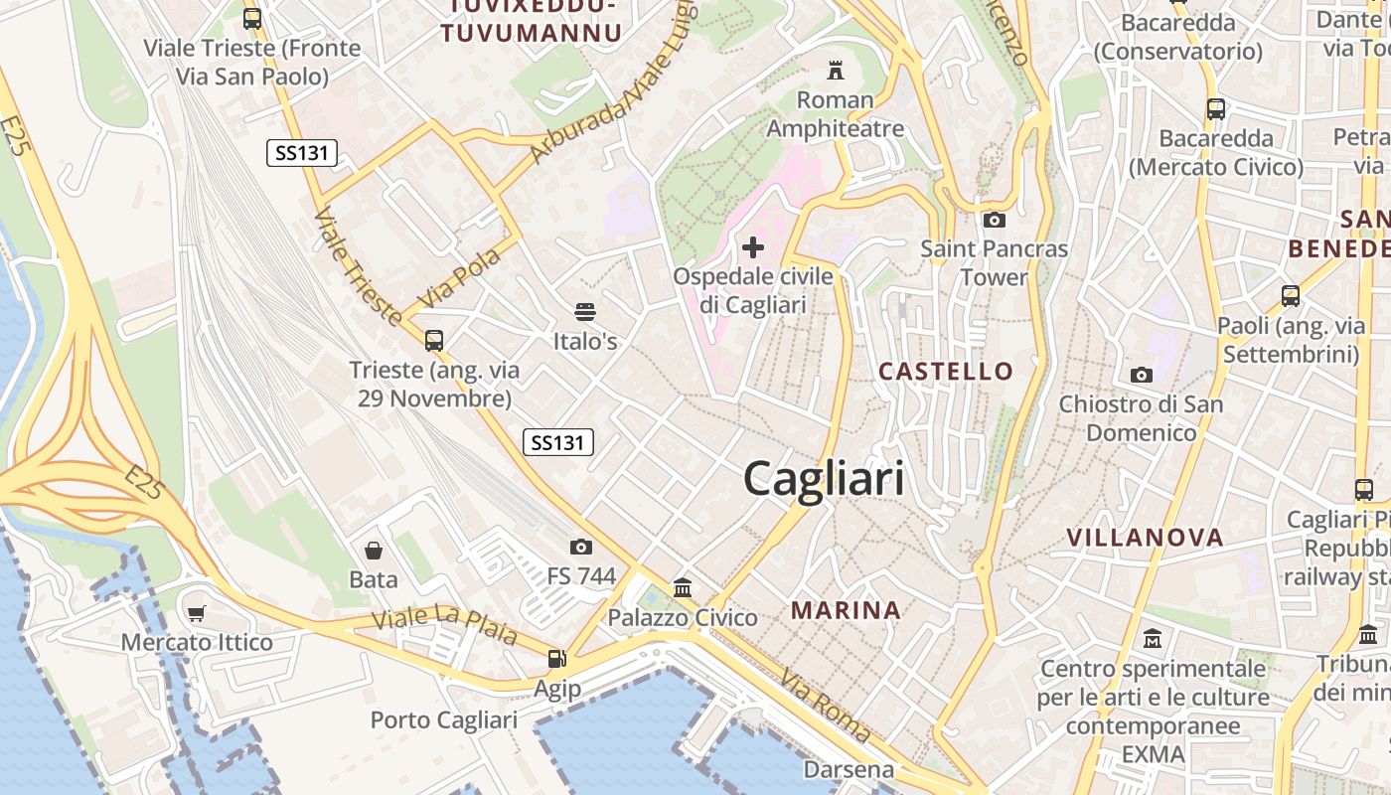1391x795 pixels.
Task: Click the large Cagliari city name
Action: pyautogui.click(x=824, y=479)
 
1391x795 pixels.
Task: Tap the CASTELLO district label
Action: pyautogui.click(x=946, y=372)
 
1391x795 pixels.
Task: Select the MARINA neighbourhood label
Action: pyautogui.click(x=847, y=610)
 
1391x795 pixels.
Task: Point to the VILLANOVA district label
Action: pyautogui.click(x=1145, y=538)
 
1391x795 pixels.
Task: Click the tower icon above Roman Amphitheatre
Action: pyautogui.click(x=835, y=71)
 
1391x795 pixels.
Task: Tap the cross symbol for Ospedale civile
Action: pyautogui.click(x=753, y=246)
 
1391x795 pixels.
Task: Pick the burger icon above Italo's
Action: pyautogui.click(x=585, y=312)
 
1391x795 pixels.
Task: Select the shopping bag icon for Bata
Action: pyautogui.click(x=374, y=550)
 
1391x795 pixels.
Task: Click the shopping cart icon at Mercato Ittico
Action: pyautogui.click(x=197, y=613)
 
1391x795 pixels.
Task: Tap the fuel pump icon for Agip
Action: pyautogui.click(x=556, y=658)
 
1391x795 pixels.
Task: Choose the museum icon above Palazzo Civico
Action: pyautogui.click(x=683, y=587)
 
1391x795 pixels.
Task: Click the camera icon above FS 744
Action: pyautogui.click(x=581, y=547)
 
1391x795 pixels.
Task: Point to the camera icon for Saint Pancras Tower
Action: pyautogui.click(x=994, y=220)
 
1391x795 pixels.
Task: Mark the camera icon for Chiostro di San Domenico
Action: pyautogui.click(x=1141, y=375)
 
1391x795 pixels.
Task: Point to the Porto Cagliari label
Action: pyautogui.click(x=444, y=719)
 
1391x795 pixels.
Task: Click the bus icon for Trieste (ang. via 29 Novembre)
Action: pyautogui.click(x=433, y=341)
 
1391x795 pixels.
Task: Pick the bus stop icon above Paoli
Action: pyautogui.click(x=1290, y=295)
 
